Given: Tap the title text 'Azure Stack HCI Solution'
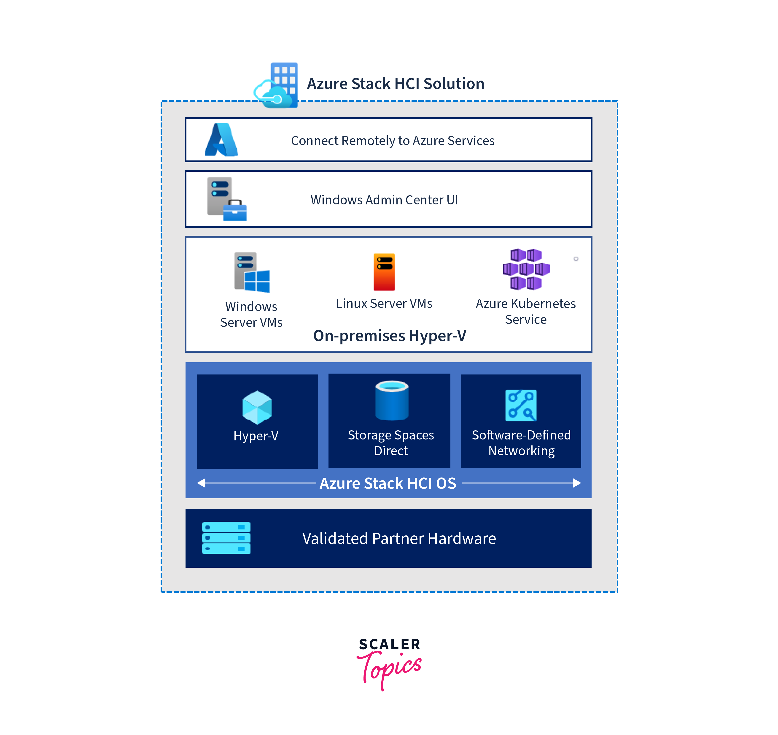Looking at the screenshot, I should [396, 84].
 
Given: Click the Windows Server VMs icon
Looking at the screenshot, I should [252, 272].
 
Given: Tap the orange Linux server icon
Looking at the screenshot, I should [384, 272].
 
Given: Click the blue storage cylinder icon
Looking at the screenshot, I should [392, 400].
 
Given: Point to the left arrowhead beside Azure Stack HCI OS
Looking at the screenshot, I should [201, 483].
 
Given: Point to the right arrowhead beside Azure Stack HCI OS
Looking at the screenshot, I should [576, 483].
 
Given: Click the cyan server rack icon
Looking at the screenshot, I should [226, 537].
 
